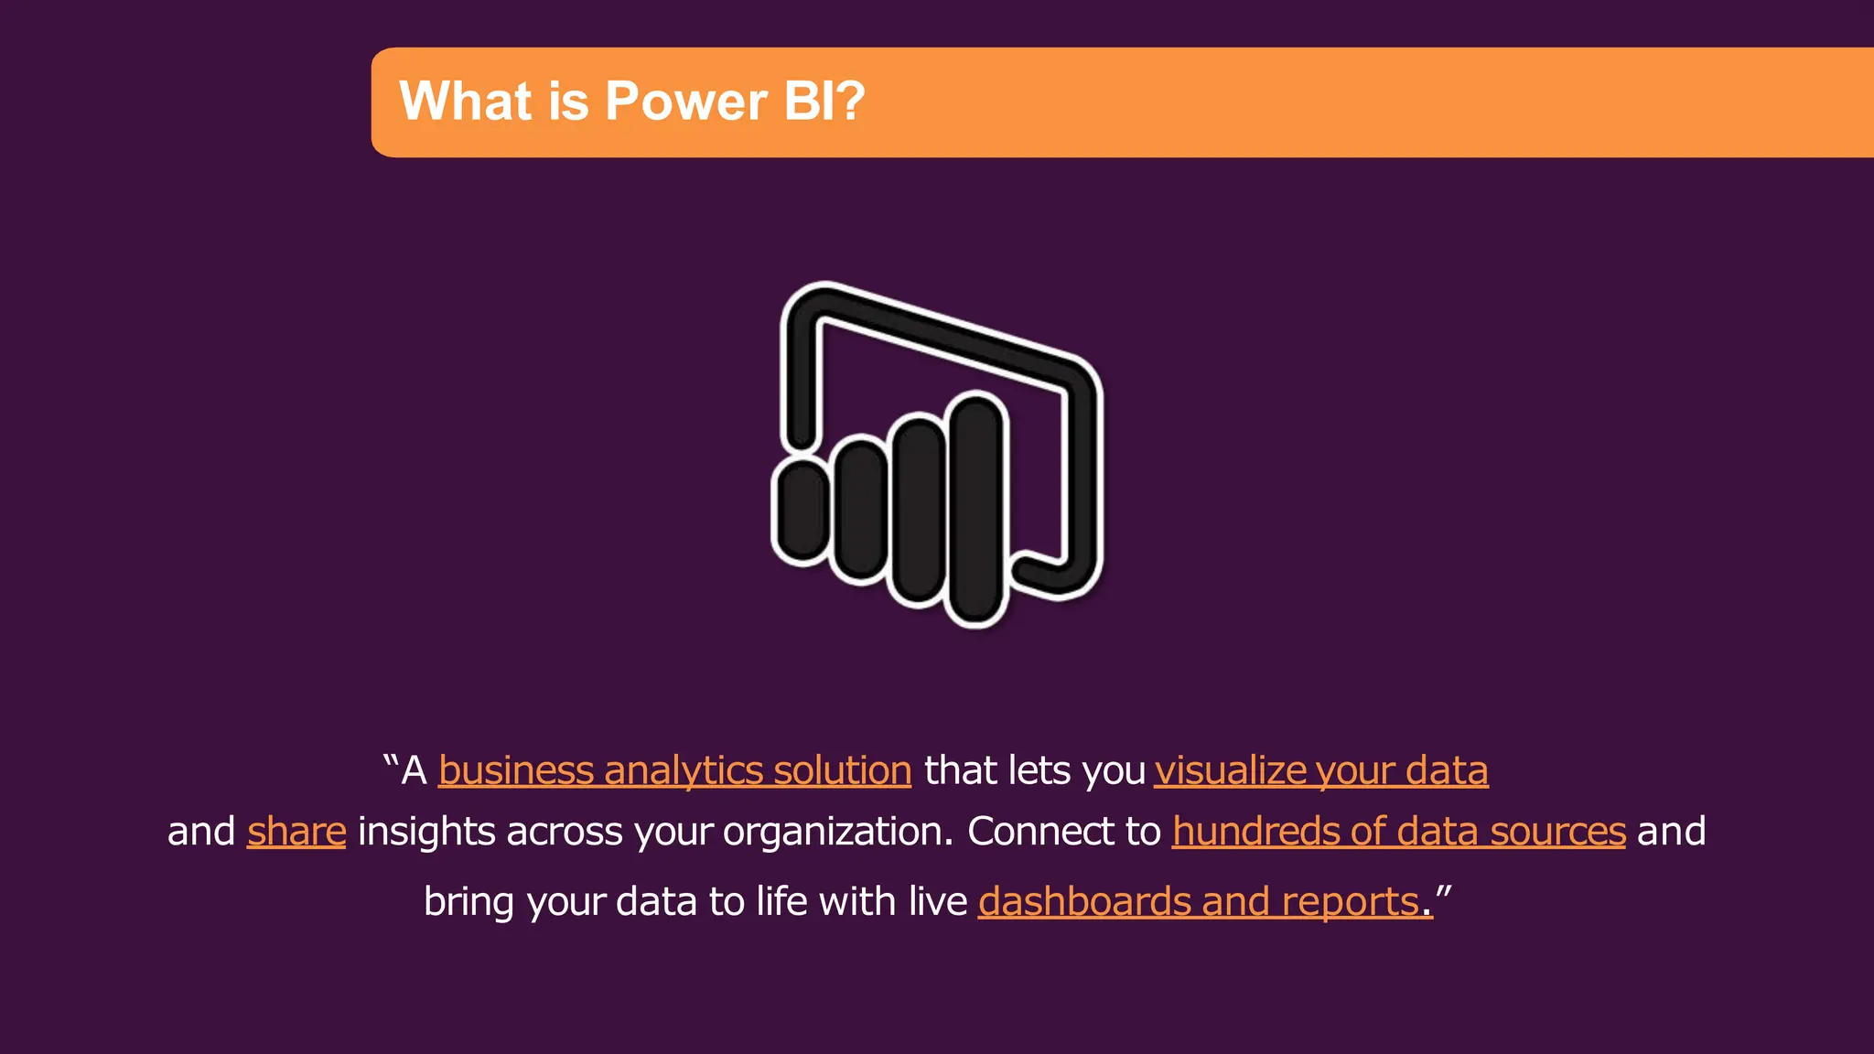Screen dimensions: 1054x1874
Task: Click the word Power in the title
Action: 684,101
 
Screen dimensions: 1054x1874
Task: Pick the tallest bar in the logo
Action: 976,509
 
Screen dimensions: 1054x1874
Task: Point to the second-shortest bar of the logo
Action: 860,510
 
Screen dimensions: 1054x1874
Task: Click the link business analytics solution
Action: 674,770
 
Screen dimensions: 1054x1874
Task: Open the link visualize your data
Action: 1320,770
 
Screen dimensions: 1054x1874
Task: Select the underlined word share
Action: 296,832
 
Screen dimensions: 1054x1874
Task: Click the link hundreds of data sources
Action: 1398,832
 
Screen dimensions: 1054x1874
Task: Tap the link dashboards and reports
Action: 1199,902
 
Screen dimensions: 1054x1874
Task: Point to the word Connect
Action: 1039,832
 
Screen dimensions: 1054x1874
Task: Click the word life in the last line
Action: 781,902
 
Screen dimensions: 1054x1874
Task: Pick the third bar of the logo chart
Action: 918,510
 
